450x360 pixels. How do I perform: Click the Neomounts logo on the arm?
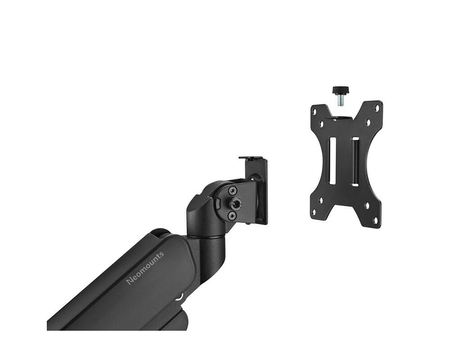pyautogui.click(x=145, y=268)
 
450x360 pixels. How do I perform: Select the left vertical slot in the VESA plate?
pyautogui.click(x=333, y=161)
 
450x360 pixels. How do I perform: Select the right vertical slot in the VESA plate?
pyautogui.click(x=355, y=162)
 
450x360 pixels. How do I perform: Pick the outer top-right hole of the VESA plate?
pyautogui.click(x=378, y=107)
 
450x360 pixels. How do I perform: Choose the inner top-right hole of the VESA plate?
pyautogui.click(x=368, y=122)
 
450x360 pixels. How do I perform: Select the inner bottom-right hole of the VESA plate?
pyautogui.click(x=367, y=206)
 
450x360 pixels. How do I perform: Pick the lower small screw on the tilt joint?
pyautogui.click(x=232, y=216)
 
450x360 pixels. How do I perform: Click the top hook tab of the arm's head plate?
pyautogui.click(x=252, y=158)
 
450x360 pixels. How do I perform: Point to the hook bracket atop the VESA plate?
pyautogui.click(x=341, y=118)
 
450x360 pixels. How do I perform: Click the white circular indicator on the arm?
pyautogui.click(x=181, y=296)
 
